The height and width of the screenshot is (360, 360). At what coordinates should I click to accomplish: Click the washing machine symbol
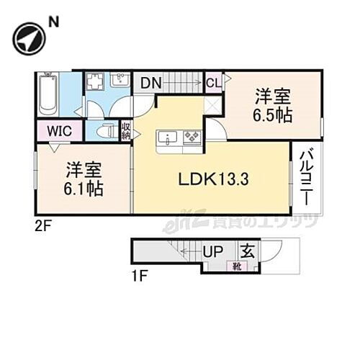tap(95, 81)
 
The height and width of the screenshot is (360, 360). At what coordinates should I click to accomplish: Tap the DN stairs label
tap(150, 82)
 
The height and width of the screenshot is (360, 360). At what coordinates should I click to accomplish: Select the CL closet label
tap(214, 82)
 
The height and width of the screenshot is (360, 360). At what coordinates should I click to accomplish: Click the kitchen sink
tap(166, 135)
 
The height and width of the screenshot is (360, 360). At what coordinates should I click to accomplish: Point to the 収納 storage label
tap(126, 131)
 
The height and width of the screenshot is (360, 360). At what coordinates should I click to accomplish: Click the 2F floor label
tap(45, 225)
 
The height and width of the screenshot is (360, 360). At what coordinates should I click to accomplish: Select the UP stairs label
tap(215, 251)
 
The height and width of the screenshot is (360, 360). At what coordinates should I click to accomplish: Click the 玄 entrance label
tap(247, 251)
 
